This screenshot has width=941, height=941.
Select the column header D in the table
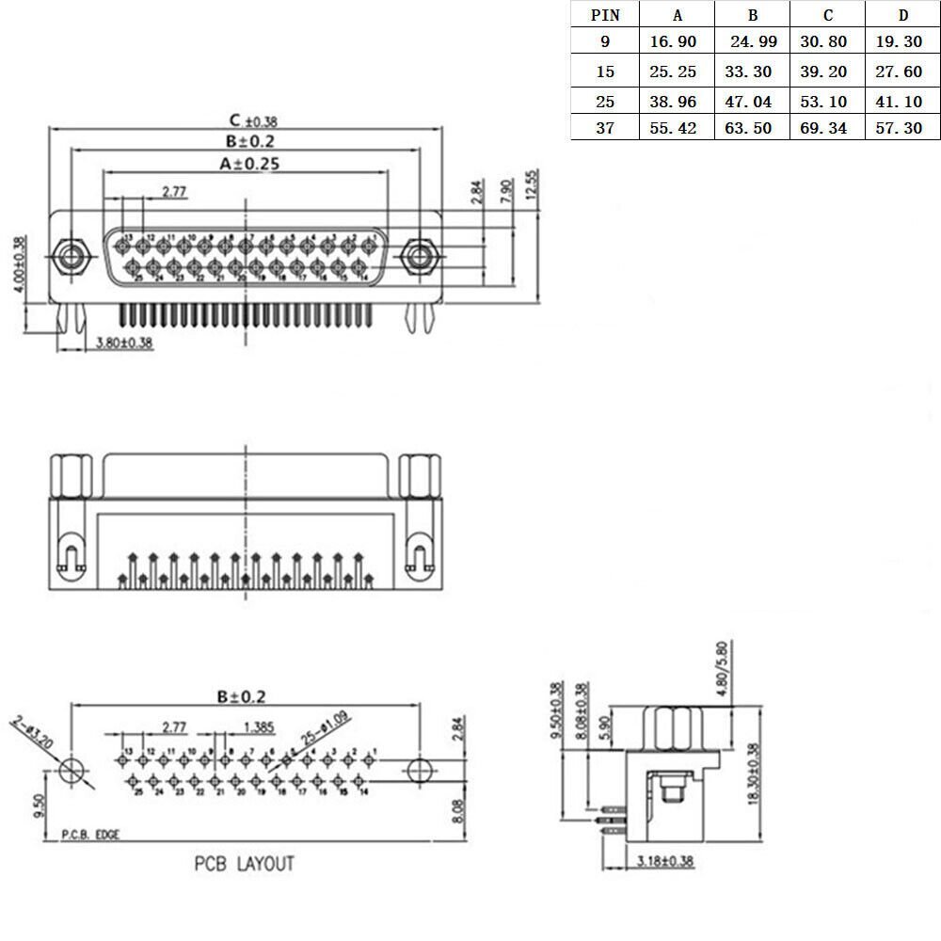[x=902, y=15]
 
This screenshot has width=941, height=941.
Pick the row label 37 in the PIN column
[x=604, y=128]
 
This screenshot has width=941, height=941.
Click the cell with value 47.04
[x=752, y=100]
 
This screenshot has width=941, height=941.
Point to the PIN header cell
[x=604, y=15]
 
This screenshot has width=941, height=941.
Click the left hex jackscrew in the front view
[x=68, y=257]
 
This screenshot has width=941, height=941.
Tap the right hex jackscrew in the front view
[x=418, y=257]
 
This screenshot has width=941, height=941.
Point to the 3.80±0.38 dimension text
[x=124, y=343]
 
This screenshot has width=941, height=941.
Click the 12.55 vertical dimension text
[x=532, y=185]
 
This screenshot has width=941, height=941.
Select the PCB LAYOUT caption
[x=245, y=863]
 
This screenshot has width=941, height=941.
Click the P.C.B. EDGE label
[x=90, y=834]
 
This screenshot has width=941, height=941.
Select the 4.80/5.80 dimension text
[x=722, y=668]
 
